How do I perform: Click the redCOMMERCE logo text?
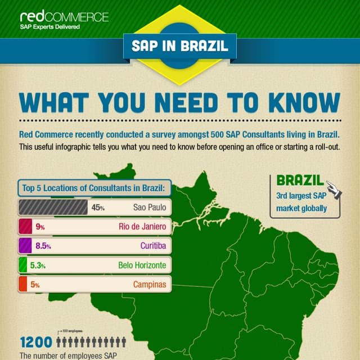coord(64,16)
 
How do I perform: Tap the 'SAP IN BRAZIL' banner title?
coord(180,46)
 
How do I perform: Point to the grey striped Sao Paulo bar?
coord(53,207)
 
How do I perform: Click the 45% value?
coord(98,208)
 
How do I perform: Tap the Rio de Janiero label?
coord(142,227)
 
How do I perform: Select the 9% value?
coord(40,227)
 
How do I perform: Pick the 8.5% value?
coord(43,246)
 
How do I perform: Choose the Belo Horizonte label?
coord(142,265)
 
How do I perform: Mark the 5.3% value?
coord(38,265)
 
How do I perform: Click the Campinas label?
coord(150,285)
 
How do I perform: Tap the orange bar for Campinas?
coord(23,284)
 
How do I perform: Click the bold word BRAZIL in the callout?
coord(300,181)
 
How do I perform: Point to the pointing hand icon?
coord(334,191)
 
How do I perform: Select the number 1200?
coord(36,342)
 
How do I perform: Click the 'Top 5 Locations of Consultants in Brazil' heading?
coord(93,188)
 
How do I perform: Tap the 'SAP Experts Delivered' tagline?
coord(49,26)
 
